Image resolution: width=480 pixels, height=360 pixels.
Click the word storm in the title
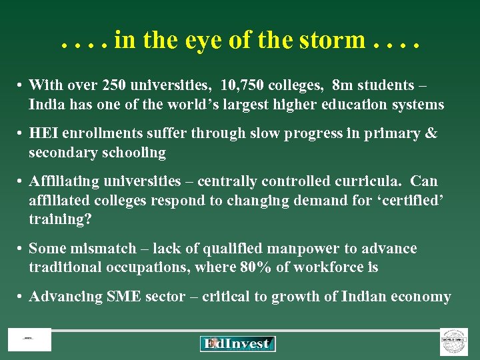tap(332, 41)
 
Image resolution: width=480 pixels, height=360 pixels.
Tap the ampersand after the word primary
tap(431, 133)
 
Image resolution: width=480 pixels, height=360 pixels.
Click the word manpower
tap(303, 249)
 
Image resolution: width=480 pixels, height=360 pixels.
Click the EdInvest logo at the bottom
tap(238, 343)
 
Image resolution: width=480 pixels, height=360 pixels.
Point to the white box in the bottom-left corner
tap(29, 339)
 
